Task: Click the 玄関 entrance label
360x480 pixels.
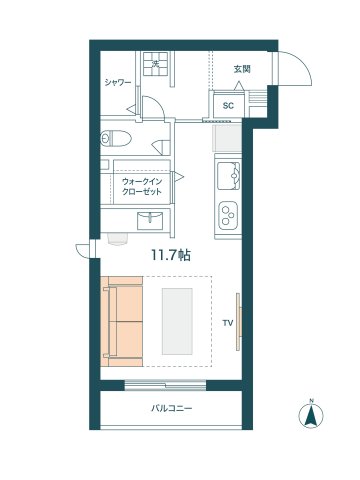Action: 241,69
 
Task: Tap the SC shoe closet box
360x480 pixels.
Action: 228,105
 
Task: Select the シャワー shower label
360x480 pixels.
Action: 118,83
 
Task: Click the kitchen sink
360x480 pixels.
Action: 228,176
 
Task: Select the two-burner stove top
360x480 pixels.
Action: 228,211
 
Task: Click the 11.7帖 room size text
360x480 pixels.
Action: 171,255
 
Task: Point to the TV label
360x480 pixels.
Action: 227,323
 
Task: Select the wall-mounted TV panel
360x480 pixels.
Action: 238,321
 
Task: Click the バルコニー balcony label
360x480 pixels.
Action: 172,408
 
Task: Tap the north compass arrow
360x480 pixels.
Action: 311,414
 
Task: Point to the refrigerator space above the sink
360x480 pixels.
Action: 227,137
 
